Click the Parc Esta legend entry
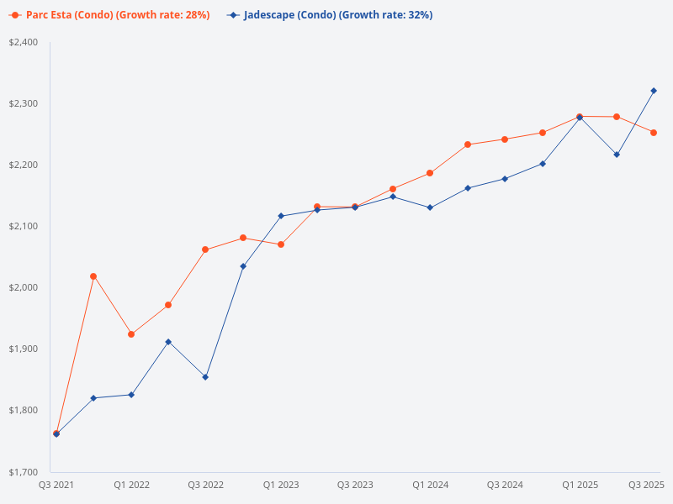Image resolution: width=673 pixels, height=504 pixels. click(109, 15)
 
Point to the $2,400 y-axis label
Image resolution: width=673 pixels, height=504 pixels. click(24, 42)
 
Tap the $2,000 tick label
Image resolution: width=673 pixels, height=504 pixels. click(24, 287)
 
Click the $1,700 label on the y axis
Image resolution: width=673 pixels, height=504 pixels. click(24, 471)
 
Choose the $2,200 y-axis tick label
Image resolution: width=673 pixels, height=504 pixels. click(24, 165)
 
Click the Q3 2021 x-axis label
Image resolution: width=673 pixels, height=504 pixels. click(56, 485)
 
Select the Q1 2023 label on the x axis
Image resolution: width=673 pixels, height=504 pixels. click(281, 485)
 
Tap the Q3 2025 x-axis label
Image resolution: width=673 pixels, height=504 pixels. click(647, 485)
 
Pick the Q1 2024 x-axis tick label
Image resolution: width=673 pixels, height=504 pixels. click(430, 485)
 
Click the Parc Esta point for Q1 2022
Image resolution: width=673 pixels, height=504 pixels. click(131, 334)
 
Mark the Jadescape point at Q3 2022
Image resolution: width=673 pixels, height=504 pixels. click(205, 377)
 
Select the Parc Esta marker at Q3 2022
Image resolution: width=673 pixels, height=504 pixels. click(205, 249)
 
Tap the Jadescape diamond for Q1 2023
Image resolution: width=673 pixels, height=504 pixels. click(281, 216)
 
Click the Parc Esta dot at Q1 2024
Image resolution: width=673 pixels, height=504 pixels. click(430, 173)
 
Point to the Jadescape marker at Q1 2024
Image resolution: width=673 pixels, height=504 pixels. click(430, 207)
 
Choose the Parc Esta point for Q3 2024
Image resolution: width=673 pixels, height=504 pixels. click(505, 139)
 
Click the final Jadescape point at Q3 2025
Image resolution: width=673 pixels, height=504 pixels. click(654, 91)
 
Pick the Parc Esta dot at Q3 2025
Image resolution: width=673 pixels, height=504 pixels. click(654, 133)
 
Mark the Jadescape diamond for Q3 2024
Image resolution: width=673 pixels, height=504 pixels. click(505, 179)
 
